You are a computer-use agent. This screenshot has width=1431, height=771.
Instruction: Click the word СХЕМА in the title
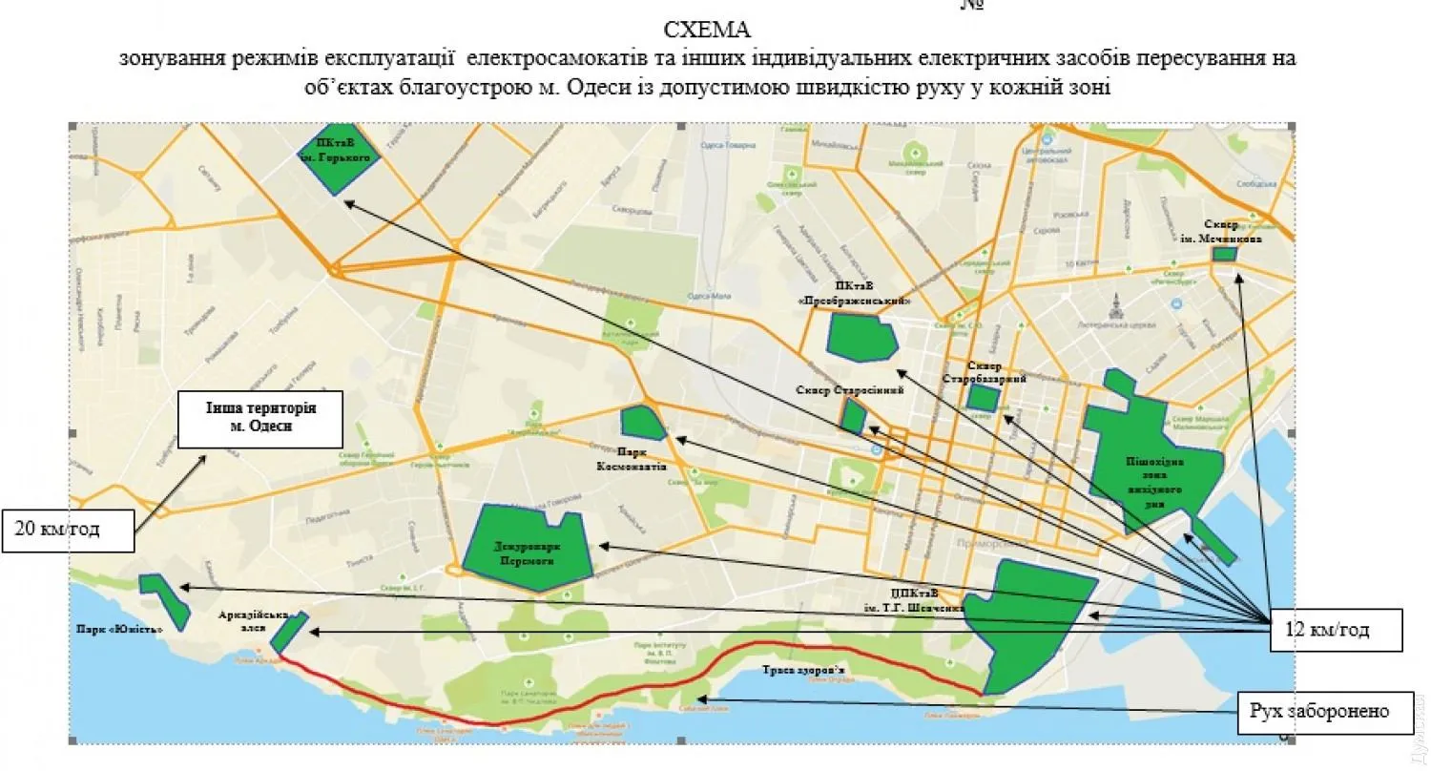[707, 31]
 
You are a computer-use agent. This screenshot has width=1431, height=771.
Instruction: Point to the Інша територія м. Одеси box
[260, 418]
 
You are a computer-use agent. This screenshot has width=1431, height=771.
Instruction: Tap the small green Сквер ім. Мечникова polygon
[1223, 254]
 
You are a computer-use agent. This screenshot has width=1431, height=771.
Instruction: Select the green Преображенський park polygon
[861, 337]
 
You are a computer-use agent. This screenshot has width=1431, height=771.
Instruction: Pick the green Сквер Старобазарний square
[982, 398]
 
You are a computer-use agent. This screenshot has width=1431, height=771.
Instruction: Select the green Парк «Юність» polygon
[163, 596]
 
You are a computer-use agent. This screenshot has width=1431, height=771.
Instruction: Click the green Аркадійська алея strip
[288, 634]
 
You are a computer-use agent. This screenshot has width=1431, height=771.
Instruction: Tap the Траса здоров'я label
[802, 671]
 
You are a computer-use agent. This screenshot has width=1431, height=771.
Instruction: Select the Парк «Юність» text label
[120, 629]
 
